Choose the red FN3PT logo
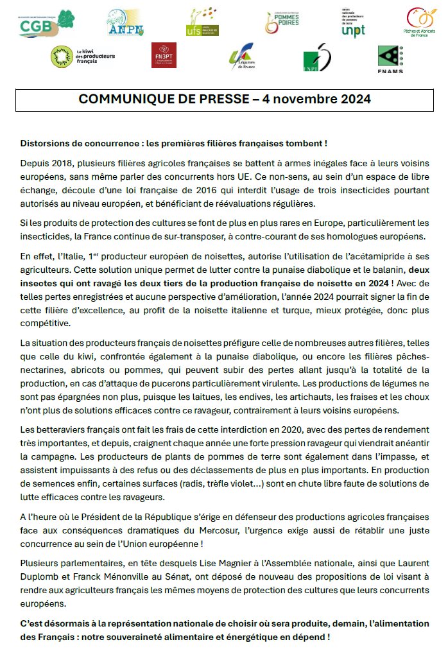(164, 56)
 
